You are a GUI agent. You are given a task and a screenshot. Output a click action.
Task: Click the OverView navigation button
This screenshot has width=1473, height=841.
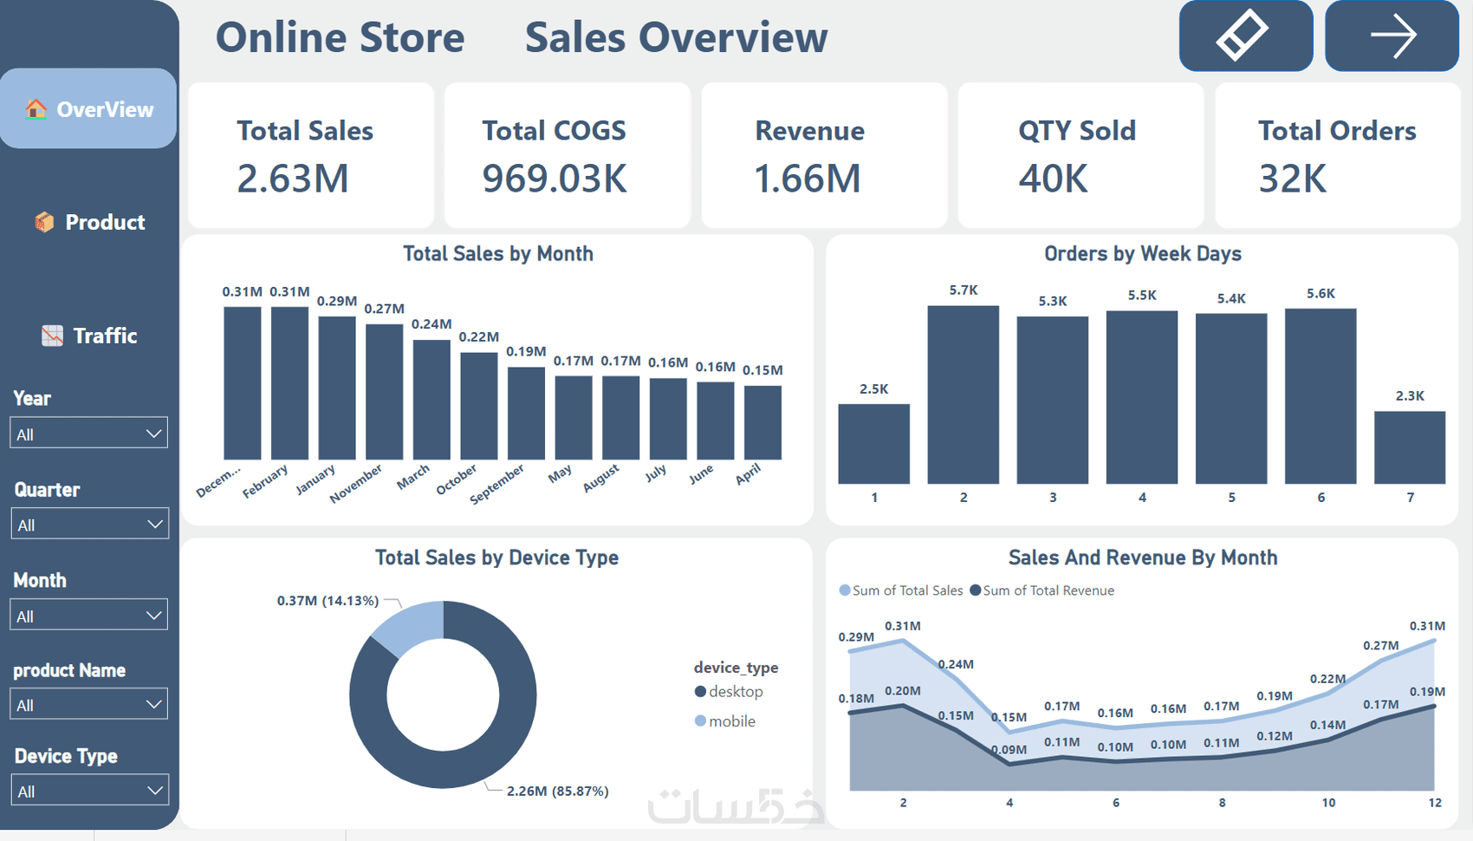89,109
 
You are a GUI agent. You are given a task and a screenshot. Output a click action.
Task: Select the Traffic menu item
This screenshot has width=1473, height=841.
90,336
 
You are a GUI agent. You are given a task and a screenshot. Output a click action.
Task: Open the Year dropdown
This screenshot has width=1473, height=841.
88,434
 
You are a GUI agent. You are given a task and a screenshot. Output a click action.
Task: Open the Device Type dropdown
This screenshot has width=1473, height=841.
88,791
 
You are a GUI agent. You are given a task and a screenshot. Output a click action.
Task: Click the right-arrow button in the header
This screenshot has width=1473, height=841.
1392,36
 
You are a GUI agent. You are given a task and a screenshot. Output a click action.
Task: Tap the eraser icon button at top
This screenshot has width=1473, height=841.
1245,36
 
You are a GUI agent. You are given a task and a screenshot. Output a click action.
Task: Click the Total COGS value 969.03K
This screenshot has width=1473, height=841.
555,179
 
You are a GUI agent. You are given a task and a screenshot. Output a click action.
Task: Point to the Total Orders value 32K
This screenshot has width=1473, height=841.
1292,179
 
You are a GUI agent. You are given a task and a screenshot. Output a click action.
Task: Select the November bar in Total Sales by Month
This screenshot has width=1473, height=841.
384,391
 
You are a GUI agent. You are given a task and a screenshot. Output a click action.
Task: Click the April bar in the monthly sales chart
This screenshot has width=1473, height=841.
762,422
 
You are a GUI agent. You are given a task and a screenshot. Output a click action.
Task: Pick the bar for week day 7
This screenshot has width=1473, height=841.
1410,447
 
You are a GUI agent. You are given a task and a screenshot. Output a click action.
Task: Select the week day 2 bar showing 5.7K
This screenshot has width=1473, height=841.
963,394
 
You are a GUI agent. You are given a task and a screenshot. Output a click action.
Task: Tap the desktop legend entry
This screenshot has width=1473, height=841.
730,692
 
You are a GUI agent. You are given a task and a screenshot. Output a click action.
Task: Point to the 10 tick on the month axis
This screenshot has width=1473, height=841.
1328,803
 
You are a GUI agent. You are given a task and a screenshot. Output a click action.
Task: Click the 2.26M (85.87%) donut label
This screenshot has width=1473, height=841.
557,791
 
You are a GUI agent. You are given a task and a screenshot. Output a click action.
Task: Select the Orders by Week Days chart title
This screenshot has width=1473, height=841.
1142,254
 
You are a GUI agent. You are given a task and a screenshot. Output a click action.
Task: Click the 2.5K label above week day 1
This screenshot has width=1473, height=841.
873,389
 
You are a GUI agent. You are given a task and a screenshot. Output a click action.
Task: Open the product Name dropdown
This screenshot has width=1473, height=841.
88,704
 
